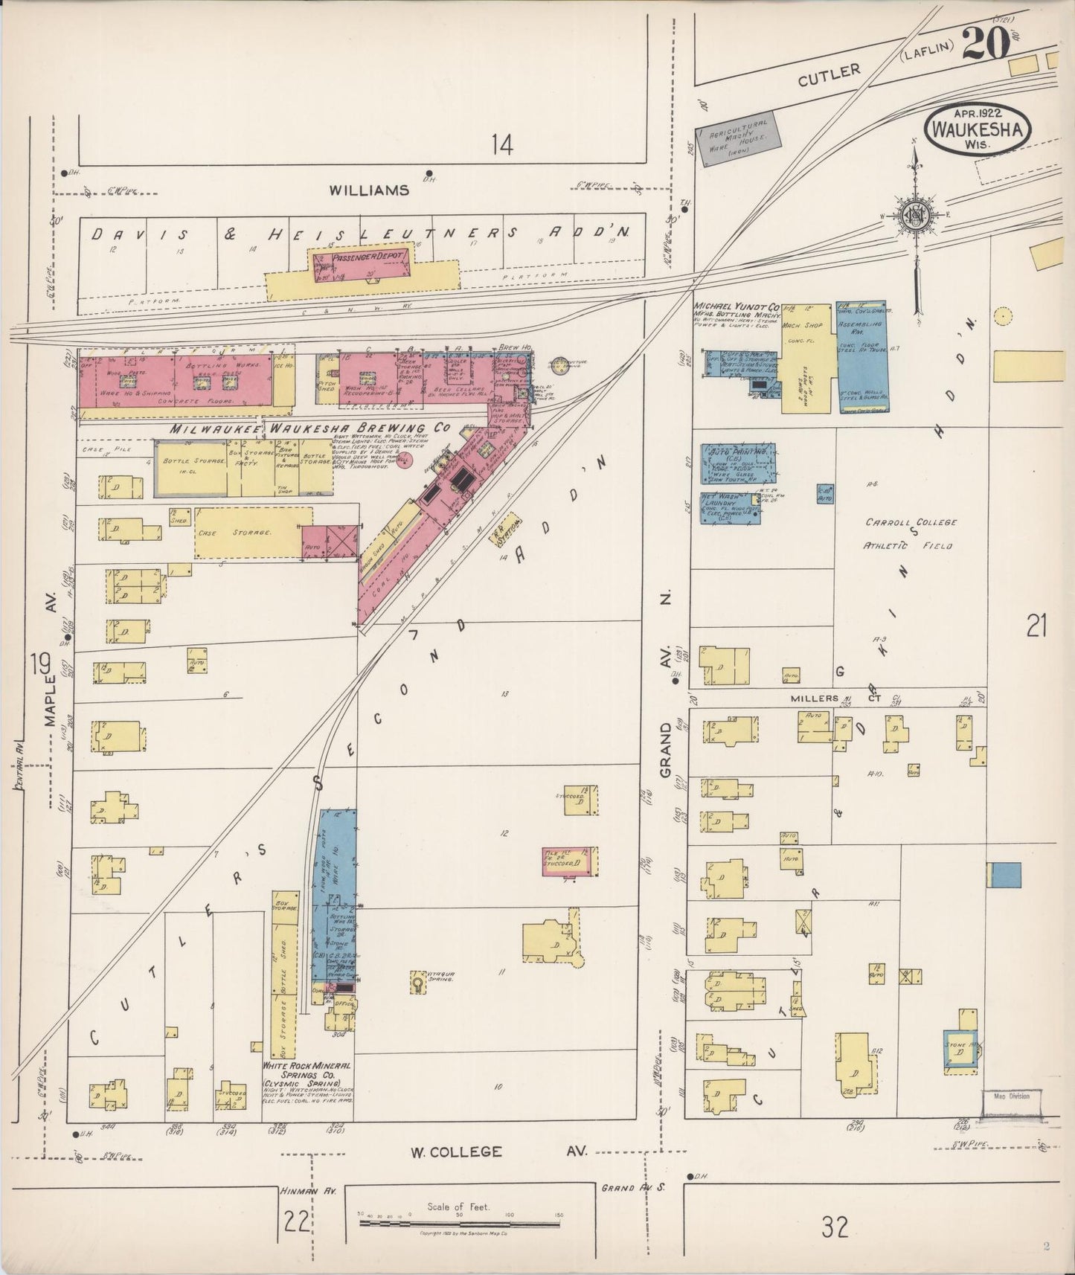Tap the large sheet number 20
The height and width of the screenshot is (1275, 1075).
(986, 44)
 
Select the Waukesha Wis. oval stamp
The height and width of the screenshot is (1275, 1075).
(977, 129)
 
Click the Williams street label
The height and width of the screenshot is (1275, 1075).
(369, 190)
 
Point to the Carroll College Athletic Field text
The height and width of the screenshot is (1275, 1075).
(909, 533)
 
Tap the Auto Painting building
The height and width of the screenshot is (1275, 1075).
(737, 463)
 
